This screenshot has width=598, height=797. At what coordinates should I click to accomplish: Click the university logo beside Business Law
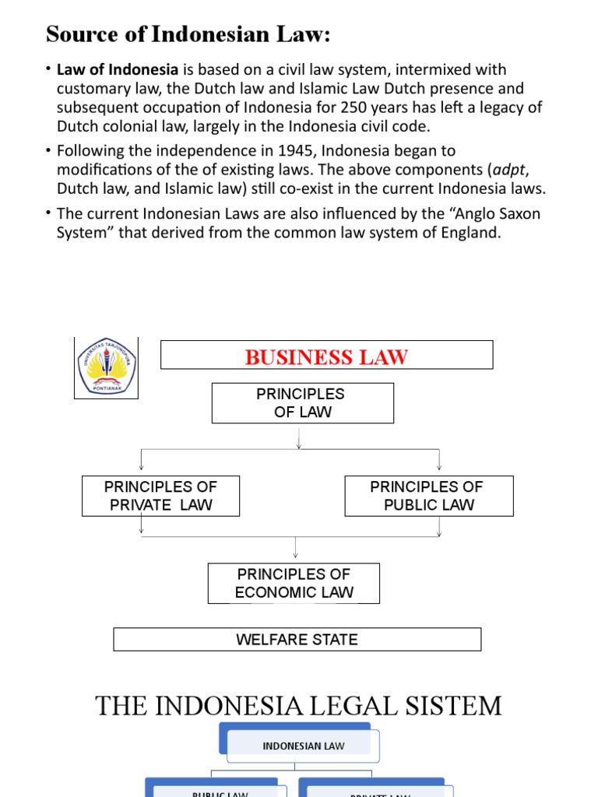[x=107, y=368]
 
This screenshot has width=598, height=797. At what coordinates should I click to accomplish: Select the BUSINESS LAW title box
[x=326, y=356]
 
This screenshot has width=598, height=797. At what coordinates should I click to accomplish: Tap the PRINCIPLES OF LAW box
[x=302, y=403]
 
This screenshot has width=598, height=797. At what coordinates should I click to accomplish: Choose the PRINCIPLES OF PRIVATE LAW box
[x=160, y=496]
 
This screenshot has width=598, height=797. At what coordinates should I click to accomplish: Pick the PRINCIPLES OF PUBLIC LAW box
[x=428, y=496]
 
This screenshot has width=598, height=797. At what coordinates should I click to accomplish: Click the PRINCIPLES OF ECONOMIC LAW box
[x=294, y=583]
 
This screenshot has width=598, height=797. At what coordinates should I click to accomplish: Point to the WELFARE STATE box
[x=297, y=640]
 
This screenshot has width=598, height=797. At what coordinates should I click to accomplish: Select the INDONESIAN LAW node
[x=304, y=746]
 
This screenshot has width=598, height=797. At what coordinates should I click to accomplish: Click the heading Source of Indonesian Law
[x=188, y=34]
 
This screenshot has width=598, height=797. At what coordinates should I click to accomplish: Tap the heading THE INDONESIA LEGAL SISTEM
[x=298, y=706]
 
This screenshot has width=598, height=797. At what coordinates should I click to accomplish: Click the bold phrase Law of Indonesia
[x=118, y=70]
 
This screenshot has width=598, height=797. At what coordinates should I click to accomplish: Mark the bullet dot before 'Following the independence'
[x=49, y=150]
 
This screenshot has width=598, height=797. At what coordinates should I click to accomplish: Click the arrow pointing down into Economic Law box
[x=295, y=553]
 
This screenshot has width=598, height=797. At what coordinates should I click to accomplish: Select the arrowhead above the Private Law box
[x=141, y=466]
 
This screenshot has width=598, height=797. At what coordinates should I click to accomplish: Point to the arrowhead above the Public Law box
[x=440, y=466]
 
